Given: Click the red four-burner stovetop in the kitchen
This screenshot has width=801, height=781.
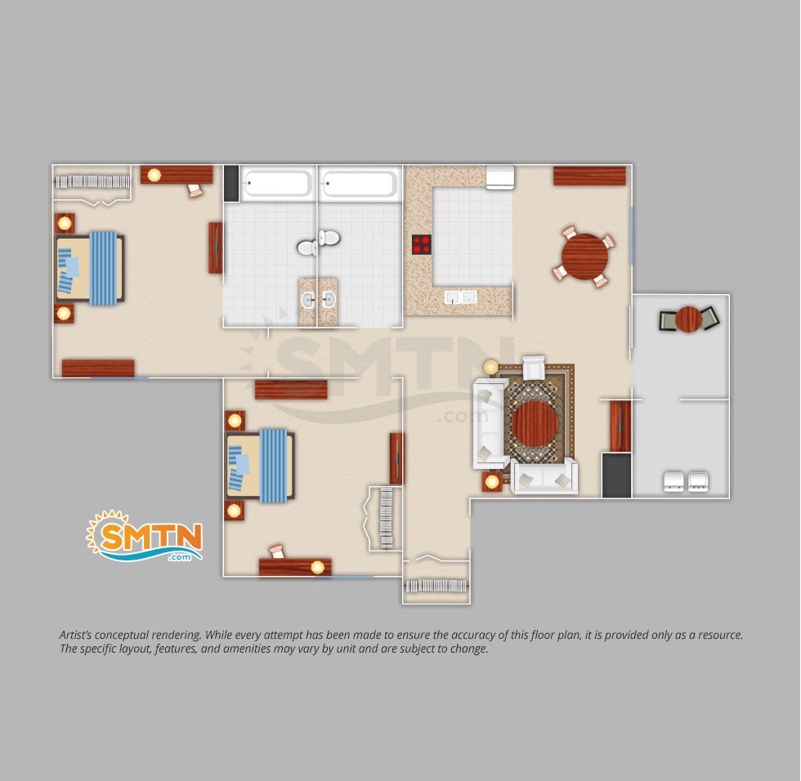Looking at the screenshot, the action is point(422,244).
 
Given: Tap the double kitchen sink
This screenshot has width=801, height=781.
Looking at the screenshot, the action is point(460,297).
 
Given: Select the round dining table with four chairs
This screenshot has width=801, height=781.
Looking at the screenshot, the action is point(584,257).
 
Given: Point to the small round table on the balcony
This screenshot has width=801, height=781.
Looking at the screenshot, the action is point(688,319).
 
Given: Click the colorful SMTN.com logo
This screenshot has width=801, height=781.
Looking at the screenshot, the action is point(145,536).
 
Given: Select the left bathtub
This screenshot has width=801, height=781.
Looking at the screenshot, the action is point(278,183).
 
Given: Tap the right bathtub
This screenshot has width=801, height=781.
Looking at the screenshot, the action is point(360,183).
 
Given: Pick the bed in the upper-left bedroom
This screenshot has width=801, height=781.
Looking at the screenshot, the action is point(90,269).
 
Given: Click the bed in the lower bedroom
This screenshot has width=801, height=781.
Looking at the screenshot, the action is point(260,465).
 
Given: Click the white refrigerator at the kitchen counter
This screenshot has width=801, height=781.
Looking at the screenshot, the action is point(499,177).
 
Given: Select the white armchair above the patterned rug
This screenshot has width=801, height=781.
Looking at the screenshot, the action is point(533,367).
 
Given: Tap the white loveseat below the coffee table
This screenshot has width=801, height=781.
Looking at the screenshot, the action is point(544,477).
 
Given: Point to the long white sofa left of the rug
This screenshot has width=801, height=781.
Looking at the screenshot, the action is point(490,423).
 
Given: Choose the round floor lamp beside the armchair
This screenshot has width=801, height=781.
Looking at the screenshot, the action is point(490,367).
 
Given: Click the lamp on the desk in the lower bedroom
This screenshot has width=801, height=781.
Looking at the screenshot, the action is point(318,567).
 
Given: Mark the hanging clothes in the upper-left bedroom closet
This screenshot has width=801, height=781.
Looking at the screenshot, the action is point(92,181).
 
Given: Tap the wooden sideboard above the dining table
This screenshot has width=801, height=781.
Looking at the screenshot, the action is point(589,176).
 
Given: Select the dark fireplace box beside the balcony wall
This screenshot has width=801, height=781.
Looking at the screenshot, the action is point(616,475).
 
